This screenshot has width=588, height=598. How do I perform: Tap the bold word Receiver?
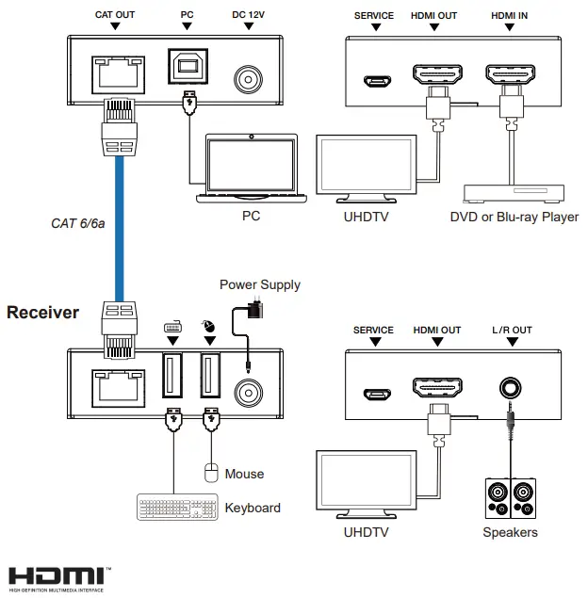[x=43, y=313]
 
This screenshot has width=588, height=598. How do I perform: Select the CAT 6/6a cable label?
[x=77, y=223]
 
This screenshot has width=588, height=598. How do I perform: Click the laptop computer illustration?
[x=251, y=170]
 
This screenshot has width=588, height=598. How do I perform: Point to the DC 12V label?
[x=250, y=16]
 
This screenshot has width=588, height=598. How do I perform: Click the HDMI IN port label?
[x=510, y=16]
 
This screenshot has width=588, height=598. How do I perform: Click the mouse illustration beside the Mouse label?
[x=211, y=473]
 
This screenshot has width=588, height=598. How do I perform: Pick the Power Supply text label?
[x=260, y=284]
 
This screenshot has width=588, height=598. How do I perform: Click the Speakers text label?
[x=510, y=532]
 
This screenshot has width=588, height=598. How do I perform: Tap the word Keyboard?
[x=253, y=509]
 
